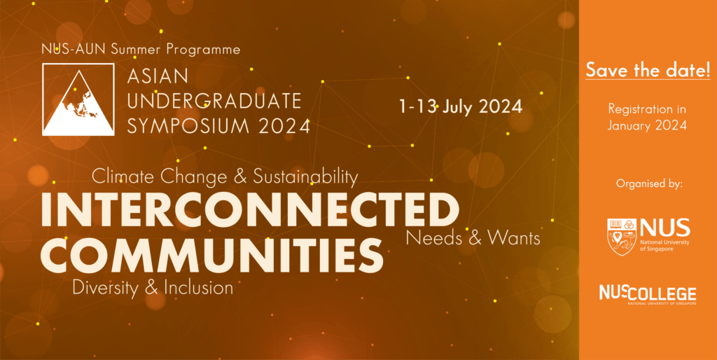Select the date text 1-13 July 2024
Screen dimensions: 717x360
(x=461, y=106)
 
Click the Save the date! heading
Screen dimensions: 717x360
(x=648, y=70)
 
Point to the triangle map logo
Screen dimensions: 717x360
(x=78, y=99)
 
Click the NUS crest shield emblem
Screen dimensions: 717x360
(x=622, y=237)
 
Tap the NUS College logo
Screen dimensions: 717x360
(x=648, y=296)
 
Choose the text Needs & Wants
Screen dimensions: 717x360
(x=473, y=237)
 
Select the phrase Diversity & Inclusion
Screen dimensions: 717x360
(x=153, y=288)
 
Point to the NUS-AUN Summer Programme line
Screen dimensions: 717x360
(x=141, y=49)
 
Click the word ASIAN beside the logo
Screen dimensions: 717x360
(x=158, y=77)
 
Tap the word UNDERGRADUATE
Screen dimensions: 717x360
(x=214, y=101)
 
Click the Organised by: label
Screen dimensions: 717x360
(x=649, y=184)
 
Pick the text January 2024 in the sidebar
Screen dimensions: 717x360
(x=647, y=125)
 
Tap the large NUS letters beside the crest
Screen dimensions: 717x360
(x=664, y=228)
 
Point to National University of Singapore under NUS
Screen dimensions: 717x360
(x=664, y=245)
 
